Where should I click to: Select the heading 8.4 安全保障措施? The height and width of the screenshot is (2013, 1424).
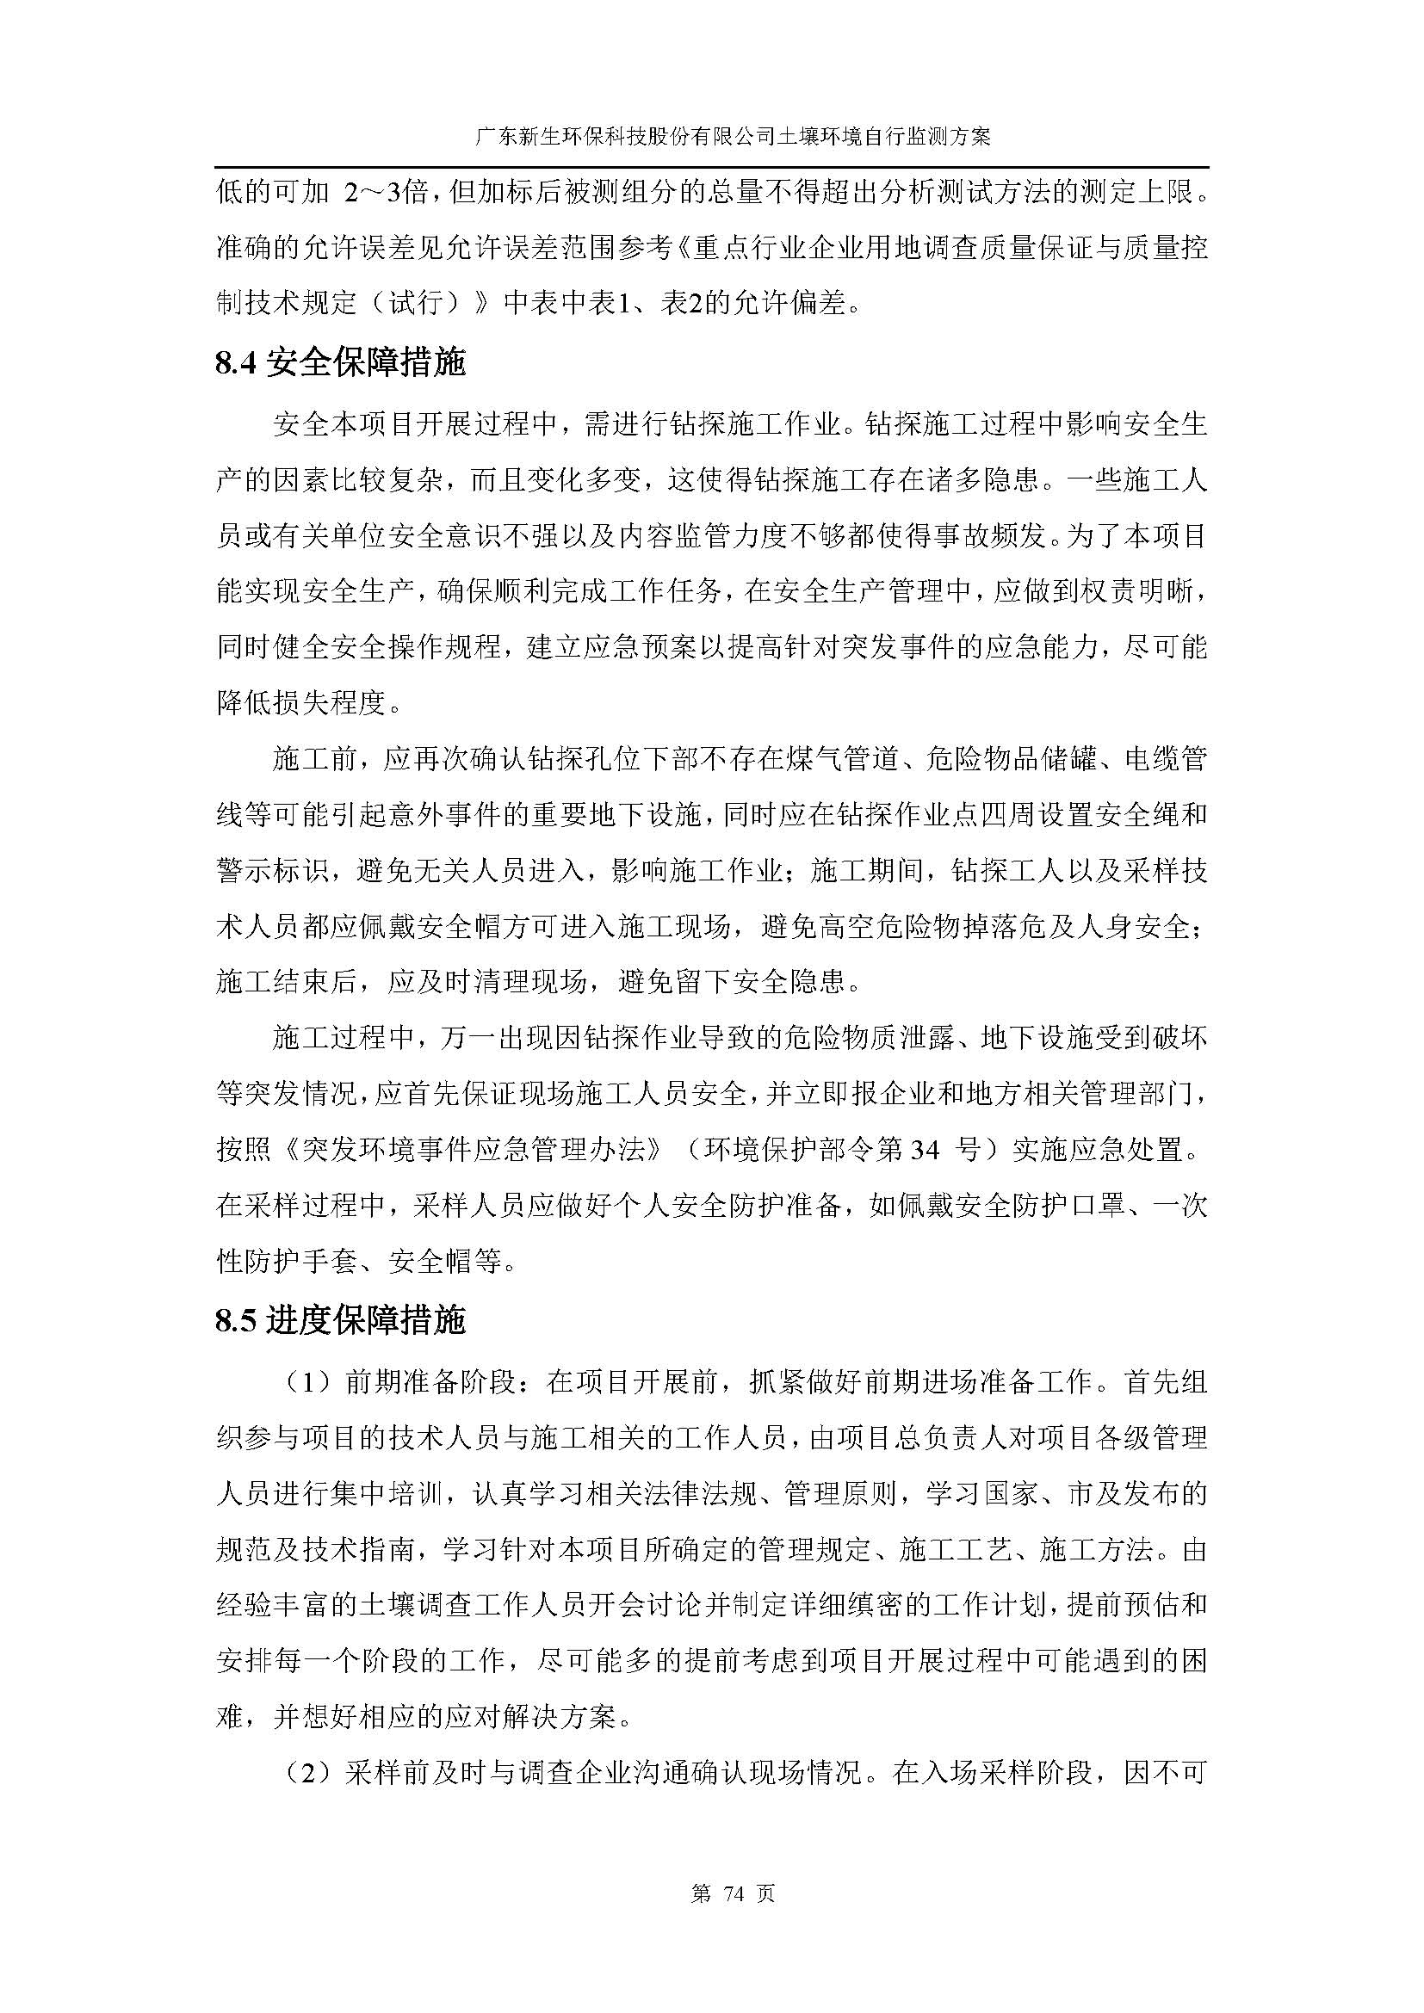340,362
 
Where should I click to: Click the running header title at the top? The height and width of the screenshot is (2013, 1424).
711,138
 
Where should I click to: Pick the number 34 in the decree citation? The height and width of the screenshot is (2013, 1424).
924,1150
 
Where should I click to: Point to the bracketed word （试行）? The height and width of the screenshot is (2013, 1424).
423,303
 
